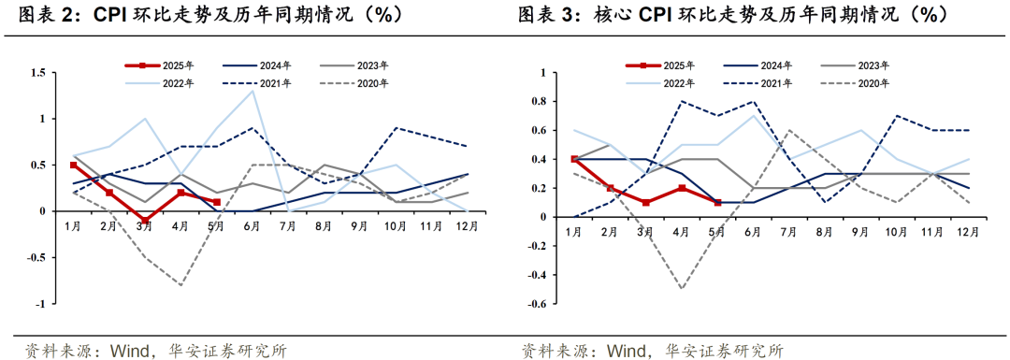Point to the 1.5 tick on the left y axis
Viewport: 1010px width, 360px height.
(x=38, y=73)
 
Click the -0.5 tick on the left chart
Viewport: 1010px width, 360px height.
(x=36, y=258)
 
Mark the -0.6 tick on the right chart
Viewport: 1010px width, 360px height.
(x=537, y=304)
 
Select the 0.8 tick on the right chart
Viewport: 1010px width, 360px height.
(x=539, y=101)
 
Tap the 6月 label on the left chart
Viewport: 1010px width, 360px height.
(x=252, y=227)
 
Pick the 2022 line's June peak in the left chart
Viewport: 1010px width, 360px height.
(x=252, y=91)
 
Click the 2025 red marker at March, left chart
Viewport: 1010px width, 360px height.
(x=145, y=221)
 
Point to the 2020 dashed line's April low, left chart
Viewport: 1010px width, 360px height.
(x=180, y=285)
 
